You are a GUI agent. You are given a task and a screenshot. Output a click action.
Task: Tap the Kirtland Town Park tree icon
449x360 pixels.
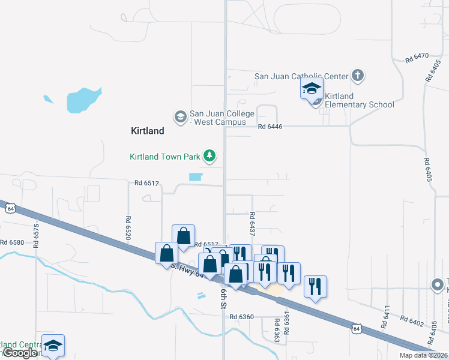click(209, 157)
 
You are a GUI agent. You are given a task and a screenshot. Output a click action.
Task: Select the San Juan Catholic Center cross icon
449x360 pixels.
click(358, 76)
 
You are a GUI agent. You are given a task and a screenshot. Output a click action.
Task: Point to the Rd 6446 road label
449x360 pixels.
click(270, 127)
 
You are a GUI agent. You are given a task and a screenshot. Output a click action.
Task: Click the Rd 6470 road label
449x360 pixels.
click(417, 58)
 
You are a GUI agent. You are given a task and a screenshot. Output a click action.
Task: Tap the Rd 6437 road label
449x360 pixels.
click(252, 223)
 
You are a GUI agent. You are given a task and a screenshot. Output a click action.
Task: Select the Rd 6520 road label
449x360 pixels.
click(128, 228)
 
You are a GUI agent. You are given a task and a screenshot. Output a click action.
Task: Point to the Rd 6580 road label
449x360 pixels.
click(12, 242)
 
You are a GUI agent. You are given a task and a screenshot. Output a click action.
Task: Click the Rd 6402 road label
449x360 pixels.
click(412, 323)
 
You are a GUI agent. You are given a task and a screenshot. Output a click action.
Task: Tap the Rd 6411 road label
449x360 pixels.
click(386, 316)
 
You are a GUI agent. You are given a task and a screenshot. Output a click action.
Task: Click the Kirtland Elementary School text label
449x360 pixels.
click(359, 100)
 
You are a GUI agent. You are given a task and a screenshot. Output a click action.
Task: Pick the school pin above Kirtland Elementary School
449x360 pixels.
click(312, 89)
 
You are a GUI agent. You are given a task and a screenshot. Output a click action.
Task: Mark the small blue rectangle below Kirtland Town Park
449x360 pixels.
click(196, 177)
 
